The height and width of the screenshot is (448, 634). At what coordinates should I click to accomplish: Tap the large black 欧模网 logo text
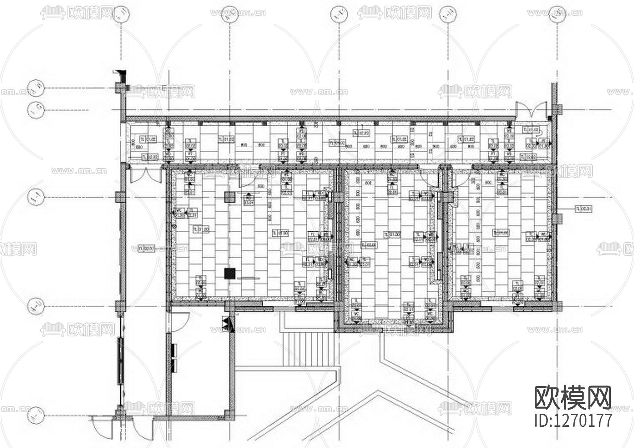[x=573, y=398]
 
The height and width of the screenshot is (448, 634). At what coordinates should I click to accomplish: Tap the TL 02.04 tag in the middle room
[x=369, y=245]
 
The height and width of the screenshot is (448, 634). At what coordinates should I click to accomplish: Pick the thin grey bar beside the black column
[x=248, y=278]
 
